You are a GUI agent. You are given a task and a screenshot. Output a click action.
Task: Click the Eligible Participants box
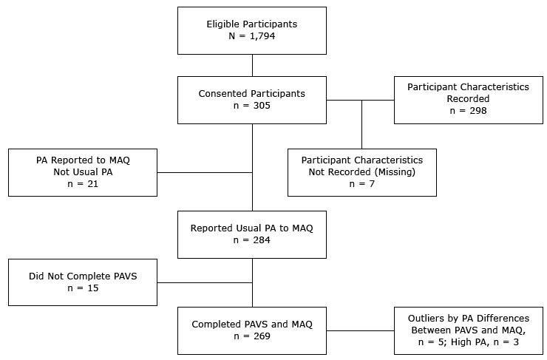click(x=252, y=30)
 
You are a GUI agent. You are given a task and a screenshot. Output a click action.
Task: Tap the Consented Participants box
click(x=252, y=100)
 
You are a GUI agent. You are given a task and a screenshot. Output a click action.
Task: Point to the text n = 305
click(x=252, y=106)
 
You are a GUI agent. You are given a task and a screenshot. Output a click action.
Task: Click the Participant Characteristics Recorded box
click(x=468, y=99)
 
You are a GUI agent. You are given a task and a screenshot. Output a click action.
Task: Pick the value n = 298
click(x=468, y=111)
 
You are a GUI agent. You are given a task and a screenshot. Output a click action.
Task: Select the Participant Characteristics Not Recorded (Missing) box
click(x=361, y=172)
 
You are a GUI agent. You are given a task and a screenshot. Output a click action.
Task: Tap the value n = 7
click(x=362, y=183)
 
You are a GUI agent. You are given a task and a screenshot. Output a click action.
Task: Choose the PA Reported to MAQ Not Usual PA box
click(x=83, y=172)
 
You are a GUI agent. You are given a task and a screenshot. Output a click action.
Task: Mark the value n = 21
click(x=83, y=183)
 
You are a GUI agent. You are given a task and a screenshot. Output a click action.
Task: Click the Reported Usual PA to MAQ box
click(x=252, y=234)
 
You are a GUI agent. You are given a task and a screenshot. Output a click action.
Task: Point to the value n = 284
click(x=252, y=240)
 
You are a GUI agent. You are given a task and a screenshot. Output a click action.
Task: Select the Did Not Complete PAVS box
click(x=83, y=282)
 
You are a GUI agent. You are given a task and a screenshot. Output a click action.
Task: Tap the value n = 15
click(x=83, y=288)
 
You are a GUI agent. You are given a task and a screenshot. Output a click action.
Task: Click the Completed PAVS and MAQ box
click(x=252, y=330)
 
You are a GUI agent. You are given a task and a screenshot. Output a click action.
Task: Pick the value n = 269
click(x=252, y=336)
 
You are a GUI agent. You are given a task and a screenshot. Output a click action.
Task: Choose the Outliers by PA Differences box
click(x=468, y=330)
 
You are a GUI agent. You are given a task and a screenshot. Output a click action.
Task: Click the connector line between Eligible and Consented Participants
click(x=252, y=65)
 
